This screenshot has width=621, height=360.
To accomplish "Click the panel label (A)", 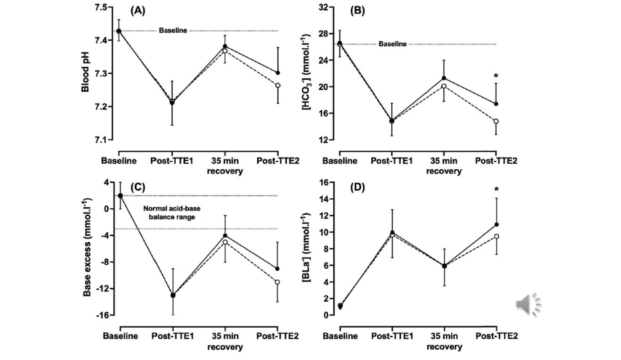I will tap(138, 11).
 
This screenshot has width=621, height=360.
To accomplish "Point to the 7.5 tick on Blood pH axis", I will tap(101, 7).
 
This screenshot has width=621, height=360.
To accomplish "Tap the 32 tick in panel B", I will tap(323, 7).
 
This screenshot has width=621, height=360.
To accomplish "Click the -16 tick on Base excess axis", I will tap(102, 315).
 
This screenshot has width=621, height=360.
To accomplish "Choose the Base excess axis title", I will tap(87, 247).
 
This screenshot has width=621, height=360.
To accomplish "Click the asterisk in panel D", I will tap(496, 189).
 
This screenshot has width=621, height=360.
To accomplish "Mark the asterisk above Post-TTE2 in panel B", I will tap(496, 76).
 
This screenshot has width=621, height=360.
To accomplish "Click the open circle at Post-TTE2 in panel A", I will tap(278, 85).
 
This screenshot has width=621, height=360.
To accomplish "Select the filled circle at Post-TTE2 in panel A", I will tap(278, 73).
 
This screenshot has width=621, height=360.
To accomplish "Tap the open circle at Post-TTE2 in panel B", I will tap(496, 121).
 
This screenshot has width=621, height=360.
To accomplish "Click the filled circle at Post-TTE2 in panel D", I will tap(497, 225).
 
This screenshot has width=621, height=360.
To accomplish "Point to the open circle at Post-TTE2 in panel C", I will tap(278, 282).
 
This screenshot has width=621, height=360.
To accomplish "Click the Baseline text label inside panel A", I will tap(173, 31).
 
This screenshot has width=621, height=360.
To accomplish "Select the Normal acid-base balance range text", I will tap(172, 213).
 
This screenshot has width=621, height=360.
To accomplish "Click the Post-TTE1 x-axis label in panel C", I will tap(172, 336).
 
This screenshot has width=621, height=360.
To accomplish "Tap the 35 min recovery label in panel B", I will tap(444, 166).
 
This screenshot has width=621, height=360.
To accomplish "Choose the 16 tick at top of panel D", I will tap(323, 183).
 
